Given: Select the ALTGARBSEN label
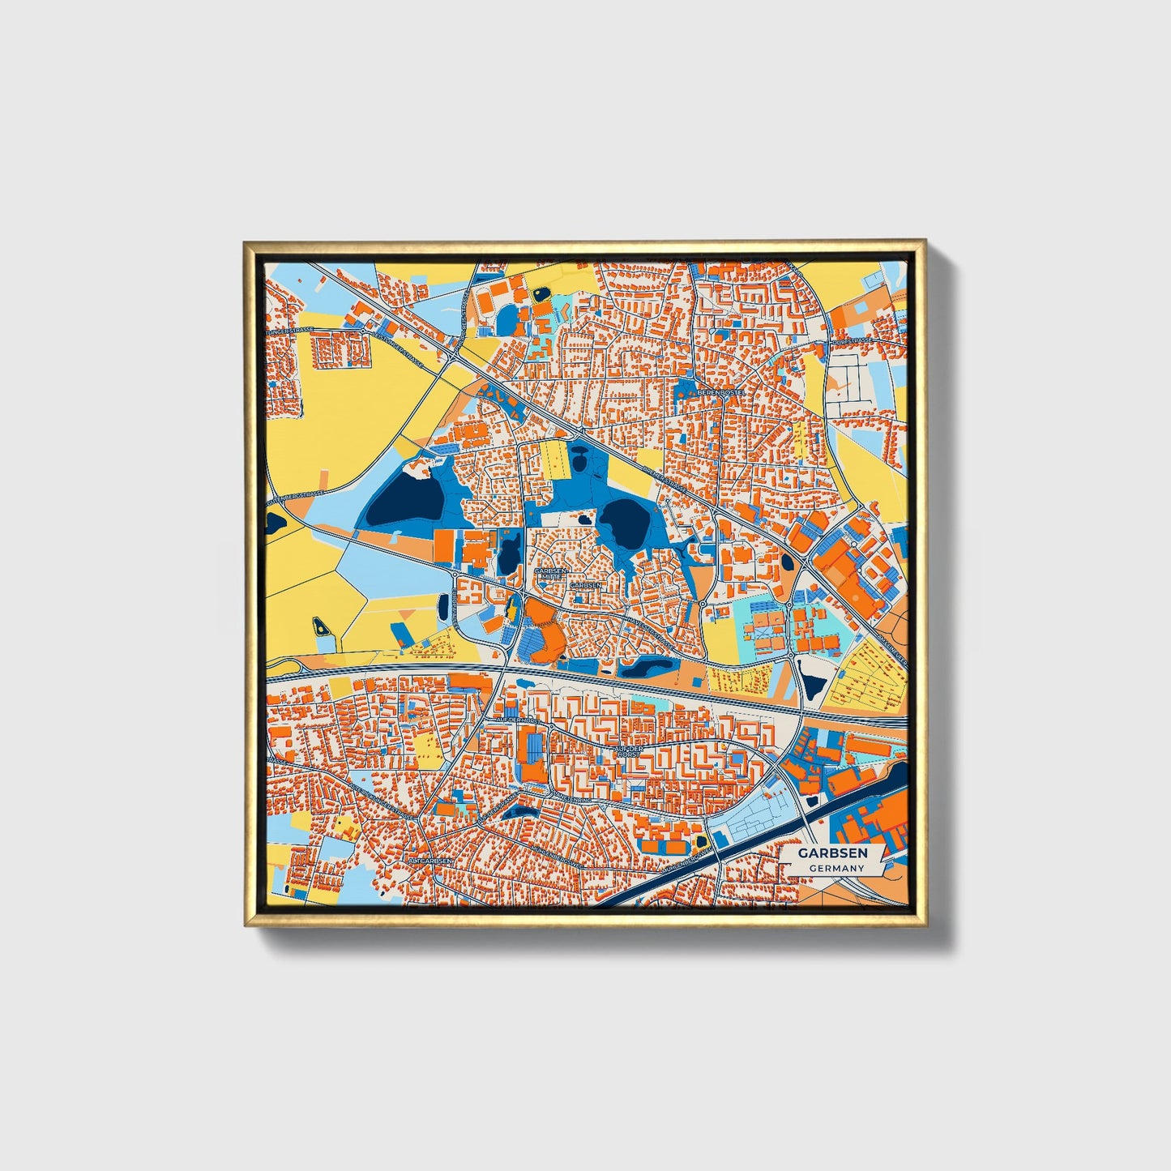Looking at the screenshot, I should (430, 860).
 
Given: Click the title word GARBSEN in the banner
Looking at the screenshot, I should (832, 853).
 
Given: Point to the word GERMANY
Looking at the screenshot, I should (836, 868).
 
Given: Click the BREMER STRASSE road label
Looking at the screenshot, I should (663, 481).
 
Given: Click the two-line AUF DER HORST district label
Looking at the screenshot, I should (628, 752).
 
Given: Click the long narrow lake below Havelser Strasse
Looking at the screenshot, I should (646, 668).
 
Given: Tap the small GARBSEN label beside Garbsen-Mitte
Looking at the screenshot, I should (586, 584).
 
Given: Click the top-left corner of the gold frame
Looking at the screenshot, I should (246, 242).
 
